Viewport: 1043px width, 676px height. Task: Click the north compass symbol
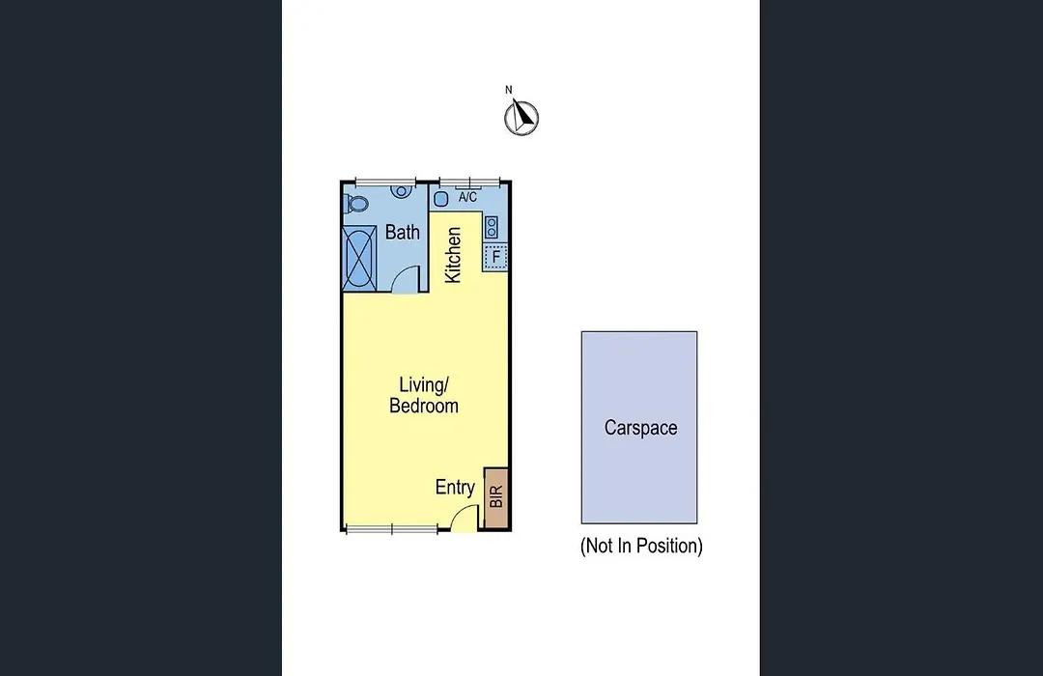click(521, 118)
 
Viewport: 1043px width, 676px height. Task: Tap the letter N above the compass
click(509, 90)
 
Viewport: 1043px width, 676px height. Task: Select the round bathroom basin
click(401, 191)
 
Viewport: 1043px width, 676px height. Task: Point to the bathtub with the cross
click(359, 258)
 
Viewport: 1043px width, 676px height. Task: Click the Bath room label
click(403, 232)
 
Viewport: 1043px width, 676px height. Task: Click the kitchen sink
click(440, 198)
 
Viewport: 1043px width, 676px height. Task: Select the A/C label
click(467, 198)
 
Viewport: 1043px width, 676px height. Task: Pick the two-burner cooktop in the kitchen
click(492, 227)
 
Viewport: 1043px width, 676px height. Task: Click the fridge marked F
click(495, 257)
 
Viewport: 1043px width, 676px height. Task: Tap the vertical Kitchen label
click(453, 256)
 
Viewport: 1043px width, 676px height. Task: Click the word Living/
click(424, 384)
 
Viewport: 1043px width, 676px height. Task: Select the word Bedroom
click(424, 406)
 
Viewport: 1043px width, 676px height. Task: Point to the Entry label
click(455, 487)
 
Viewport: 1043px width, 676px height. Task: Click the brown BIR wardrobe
click(495, 498)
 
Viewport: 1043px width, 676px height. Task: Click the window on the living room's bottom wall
click(392, 529)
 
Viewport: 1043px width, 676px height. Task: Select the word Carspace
click(640, 428)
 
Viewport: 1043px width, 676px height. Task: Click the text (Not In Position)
click(641, 547)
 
